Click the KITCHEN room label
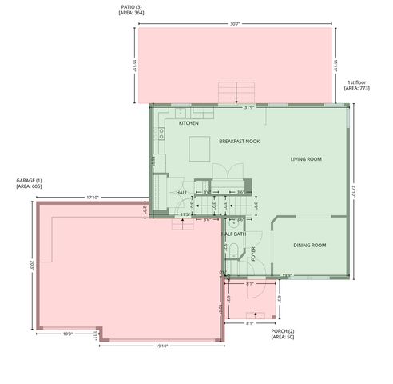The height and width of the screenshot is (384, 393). (x=189, y=123)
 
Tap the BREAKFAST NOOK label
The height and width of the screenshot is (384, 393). (x=240, y=141)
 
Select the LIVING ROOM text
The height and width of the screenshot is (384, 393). (x=306, y=159)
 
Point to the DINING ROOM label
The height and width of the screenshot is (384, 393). (x=309, y=245)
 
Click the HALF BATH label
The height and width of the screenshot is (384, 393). (x=233, y=234)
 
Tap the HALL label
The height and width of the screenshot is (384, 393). (x=181, y=192)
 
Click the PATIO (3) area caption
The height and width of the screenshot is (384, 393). (x=132, y=10)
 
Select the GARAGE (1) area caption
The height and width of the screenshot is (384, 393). (x=29, y=183)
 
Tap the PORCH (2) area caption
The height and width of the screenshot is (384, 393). (x=283, y=334)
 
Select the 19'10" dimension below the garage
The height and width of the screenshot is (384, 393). (x=162, y=346)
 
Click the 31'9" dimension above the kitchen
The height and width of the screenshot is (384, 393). (x=249, y=108)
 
